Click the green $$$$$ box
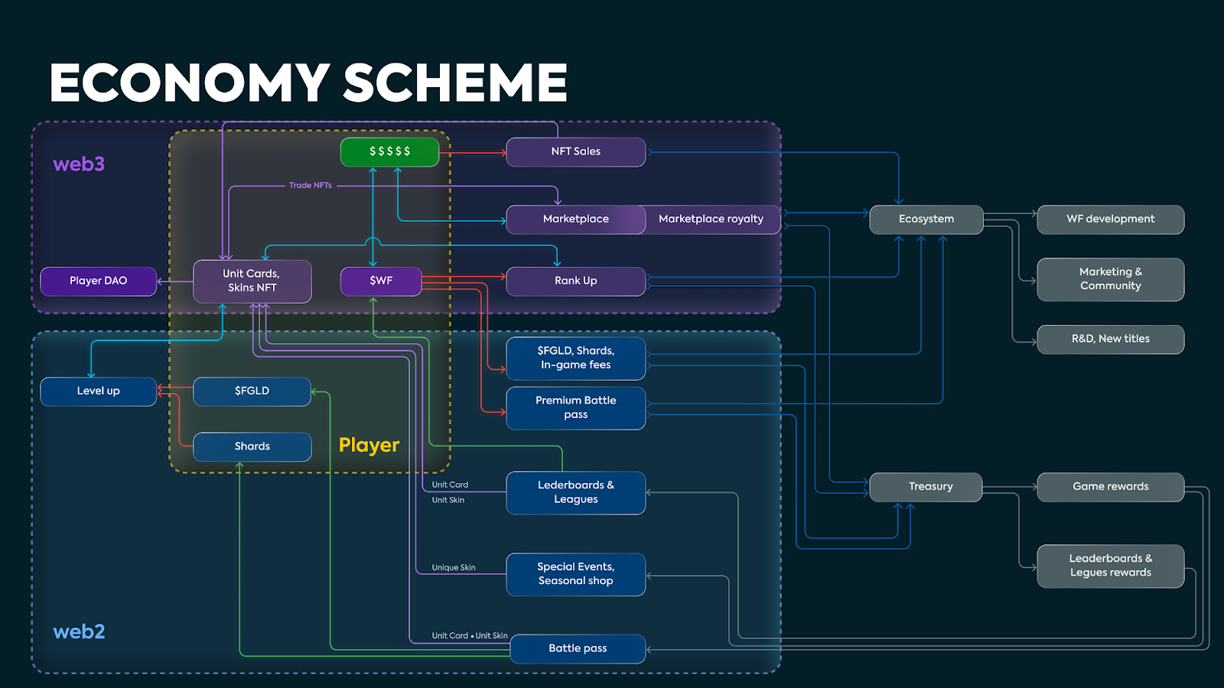coord(389,151)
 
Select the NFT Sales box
coord(575,151)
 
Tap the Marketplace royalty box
coord(711,219)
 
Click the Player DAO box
coord(98,281)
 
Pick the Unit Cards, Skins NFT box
coord(252,281)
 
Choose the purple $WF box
coord(381,281)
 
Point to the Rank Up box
coord(575,281)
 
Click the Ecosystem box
coord(926,219)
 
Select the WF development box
coord(1110,219)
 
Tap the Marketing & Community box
coord(1110,279)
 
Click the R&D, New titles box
coord(1110,339)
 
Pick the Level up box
coord(98,391)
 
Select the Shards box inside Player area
coord(252,446)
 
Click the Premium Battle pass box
coord(575,407)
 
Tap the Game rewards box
coord(1110,486)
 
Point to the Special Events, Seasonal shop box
coord(575,574)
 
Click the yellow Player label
coord(369,445)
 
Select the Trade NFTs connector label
coord(310,185)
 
